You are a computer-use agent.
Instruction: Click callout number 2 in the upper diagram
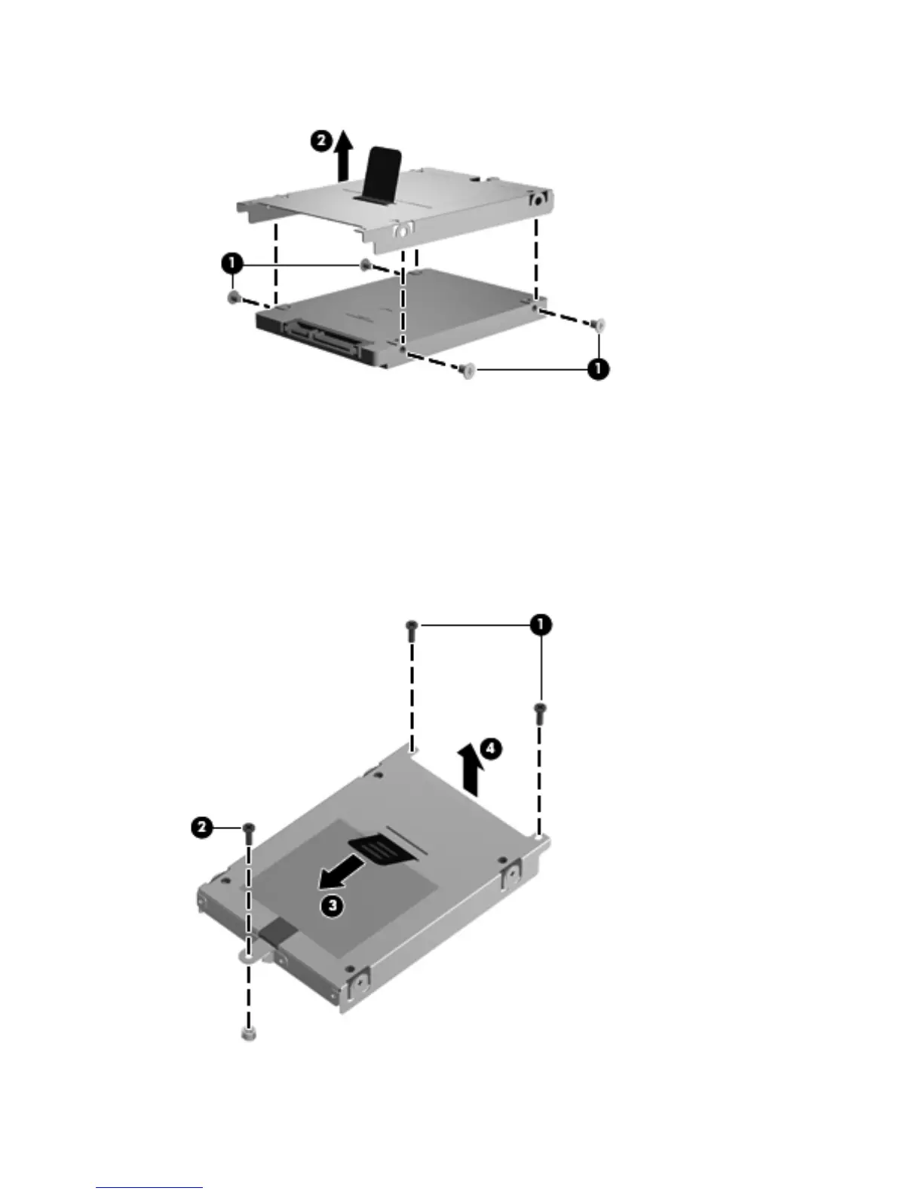[x=322, y=141]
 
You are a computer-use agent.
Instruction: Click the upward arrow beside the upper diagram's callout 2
[x=344, y=155]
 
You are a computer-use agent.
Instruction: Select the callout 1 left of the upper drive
[x=232, y=263]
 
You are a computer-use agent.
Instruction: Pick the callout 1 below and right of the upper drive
[x=599, y=370]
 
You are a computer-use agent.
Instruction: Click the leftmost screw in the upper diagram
[x=232, y=298]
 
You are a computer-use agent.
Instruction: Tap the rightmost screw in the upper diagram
[x=599, y=325]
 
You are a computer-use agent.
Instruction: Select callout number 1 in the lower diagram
[x=540, y=625]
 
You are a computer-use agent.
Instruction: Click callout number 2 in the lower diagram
[x=201, y=828]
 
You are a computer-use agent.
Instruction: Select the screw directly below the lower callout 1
[x=540, y=712]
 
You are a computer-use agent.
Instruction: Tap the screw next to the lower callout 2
[x=249, y=832]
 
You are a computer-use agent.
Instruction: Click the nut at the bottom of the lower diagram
[x=248, y=1033]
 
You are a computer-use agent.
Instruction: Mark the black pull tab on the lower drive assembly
[x=386, y=847]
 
